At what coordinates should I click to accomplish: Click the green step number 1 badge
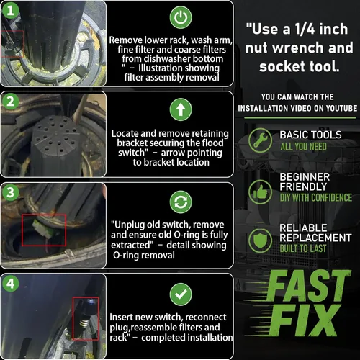pos(10,10)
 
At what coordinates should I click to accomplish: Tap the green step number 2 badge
pos(10,102)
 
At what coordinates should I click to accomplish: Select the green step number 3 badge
pos(10,192)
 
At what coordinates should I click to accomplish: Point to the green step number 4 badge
pos(10,284)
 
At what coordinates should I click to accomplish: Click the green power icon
pos(181,17)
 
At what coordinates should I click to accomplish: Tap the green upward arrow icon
pos(181,109)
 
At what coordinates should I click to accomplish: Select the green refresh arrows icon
pos(181,202)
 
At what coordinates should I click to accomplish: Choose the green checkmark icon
pos(181,294)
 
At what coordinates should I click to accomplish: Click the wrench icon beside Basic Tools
pos(260,140)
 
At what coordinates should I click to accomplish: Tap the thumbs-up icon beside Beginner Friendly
pos(260,192)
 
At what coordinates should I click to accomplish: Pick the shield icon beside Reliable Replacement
pos(260,240)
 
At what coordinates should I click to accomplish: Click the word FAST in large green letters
pos(307,286)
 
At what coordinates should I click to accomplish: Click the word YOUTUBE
pos(341,108)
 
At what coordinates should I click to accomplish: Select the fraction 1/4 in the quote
pos(305,29)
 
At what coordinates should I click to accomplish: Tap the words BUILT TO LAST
pos(303,248)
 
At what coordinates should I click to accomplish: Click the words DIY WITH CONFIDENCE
pos(316,197)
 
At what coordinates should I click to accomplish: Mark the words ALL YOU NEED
pos(304,146)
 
